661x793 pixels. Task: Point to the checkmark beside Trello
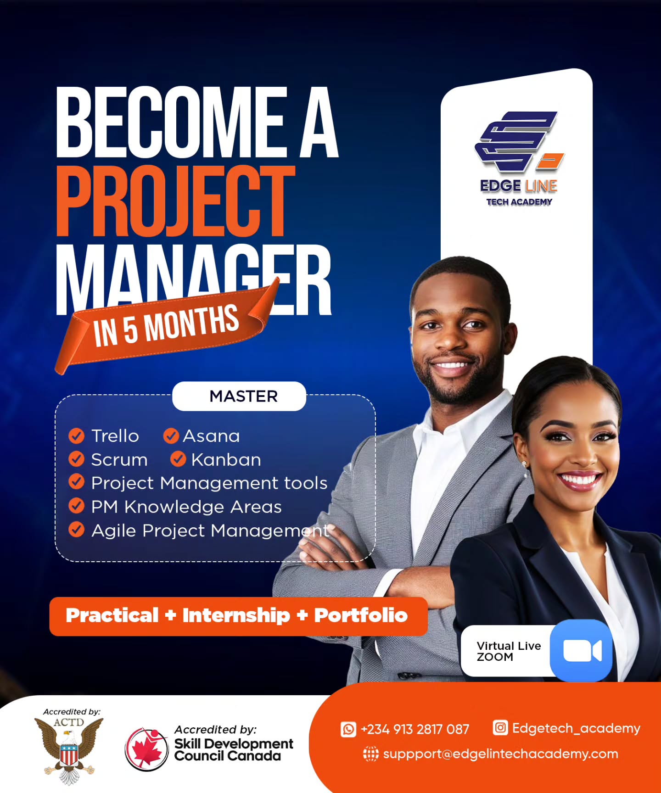pyautogui.click(x=76, y=436)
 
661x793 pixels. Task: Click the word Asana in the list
pyautogui.click(x=211, y=436)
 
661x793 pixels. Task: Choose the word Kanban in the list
pyautogui.click(x=226, y=460)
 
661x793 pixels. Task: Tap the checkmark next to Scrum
pyautogui.click(x=76, y=459)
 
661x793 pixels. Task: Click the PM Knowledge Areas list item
pyautogui.click(x=186, y=507)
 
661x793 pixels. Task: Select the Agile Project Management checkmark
pyautogui.click(x=76, y=530)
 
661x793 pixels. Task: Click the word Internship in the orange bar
pyautogui.click(x=236, y=615)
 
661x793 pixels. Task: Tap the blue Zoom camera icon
pyautogui.click(x=582, y=651)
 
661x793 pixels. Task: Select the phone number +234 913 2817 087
pyautogui.click(x=415, y=729)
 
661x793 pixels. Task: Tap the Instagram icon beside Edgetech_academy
pyautogui.click(x=500, y=728)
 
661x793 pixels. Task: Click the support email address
pyautogui.click(x=500, y=754)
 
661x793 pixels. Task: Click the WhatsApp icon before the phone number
pyautogui.click(x=348, y=729)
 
